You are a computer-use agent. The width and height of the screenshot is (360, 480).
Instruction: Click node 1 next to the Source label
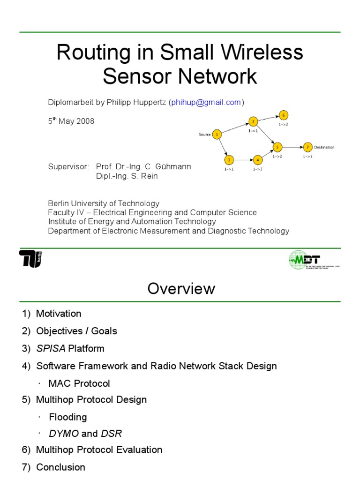(x=217, y=135)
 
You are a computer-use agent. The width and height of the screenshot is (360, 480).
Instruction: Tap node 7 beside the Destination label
(x=307, y=147)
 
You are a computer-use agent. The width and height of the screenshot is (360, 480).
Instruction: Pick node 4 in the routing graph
(x=257, y=159)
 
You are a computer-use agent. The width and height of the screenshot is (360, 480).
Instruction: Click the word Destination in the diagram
(x=324, y=147)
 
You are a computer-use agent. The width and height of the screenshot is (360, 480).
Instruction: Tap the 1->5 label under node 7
(x=307, y=156)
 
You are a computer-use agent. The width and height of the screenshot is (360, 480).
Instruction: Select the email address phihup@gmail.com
(x=206, y=102)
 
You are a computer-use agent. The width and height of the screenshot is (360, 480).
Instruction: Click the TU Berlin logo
(x=30, y=259)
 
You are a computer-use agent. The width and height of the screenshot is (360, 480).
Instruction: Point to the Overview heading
(x=181, y=288)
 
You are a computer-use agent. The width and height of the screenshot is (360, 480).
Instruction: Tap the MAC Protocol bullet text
(x=79, y=383)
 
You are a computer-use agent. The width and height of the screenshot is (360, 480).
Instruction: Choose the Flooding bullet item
(x=68, y=417)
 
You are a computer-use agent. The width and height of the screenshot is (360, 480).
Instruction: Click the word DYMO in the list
(x=64, y=434)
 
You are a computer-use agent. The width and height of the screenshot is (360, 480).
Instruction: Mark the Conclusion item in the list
(x=60, y=467)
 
